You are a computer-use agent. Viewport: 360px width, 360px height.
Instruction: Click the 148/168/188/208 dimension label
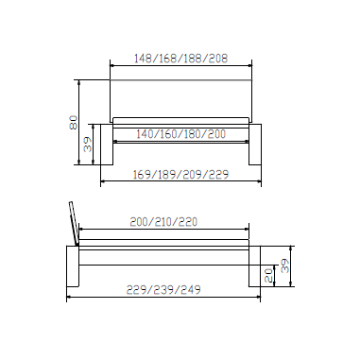click(180, 59)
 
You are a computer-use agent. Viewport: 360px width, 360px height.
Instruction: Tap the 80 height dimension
click(74, 123)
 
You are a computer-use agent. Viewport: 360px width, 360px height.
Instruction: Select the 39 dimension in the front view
click(88, 145)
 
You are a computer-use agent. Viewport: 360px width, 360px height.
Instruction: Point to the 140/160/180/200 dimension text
click(180, 134)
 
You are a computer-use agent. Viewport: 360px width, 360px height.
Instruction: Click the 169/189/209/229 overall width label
click(180, 175)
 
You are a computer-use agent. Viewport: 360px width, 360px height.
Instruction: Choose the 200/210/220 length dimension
click(163, 222)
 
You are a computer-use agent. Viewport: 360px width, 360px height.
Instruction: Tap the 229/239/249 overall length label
click(163, 290)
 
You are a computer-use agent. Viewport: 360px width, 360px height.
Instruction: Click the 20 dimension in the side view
click(268, 276)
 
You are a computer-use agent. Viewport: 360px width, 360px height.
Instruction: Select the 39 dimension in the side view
click(284, 266)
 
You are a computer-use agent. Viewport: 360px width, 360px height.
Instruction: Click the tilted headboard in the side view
click(74, 223)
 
